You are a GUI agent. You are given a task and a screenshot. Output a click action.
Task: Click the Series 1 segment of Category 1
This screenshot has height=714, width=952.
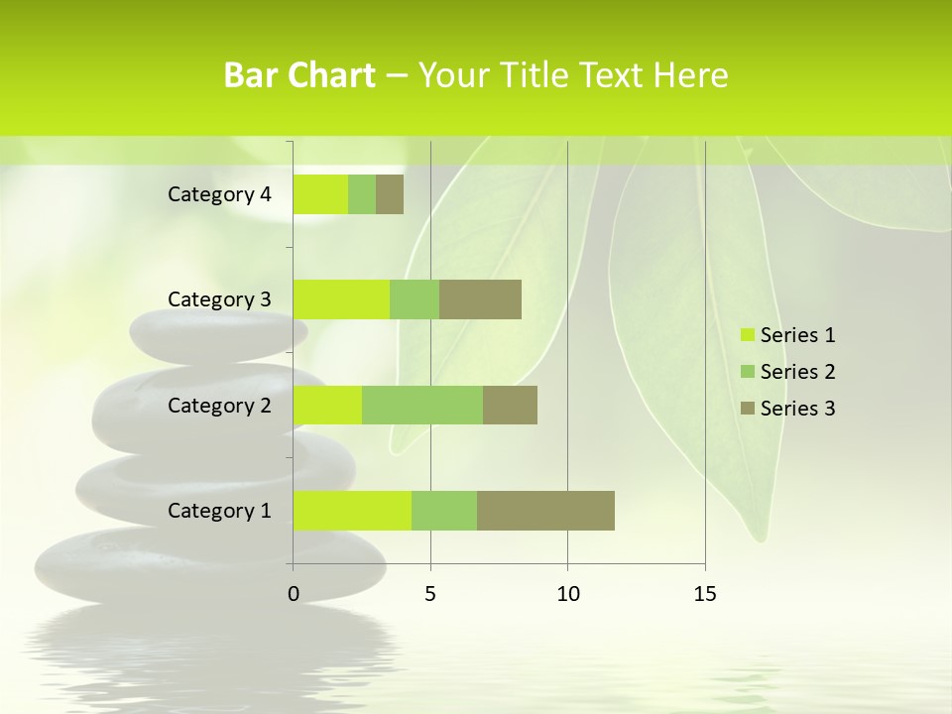tap(352, 511)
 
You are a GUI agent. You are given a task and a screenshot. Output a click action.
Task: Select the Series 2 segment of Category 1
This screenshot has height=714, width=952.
tap(444, 511)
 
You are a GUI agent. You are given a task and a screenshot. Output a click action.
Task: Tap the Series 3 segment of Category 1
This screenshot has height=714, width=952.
tap(545, 511)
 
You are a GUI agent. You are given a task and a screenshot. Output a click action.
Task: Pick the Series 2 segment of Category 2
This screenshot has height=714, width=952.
tap(422, 405)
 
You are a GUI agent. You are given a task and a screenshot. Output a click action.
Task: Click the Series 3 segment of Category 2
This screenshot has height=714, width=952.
tap(510, 405)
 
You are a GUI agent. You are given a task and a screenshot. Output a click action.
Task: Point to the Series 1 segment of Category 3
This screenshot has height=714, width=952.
tap(341, 299)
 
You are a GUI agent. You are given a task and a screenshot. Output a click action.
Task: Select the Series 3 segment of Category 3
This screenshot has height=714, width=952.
tap(480, 299)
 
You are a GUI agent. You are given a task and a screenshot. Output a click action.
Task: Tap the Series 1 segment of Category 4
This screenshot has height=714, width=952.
tap(320, 194)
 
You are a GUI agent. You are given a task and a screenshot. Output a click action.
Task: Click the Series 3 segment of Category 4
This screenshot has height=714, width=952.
tap(390, 194)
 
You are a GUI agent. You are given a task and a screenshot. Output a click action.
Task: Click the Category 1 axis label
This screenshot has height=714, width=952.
tap(219, 511)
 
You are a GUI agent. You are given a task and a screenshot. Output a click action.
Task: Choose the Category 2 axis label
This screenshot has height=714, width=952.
tap(219, 405)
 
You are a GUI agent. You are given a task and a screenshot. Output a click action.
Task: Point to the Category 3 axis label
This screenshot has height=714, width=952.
tap(219, 299)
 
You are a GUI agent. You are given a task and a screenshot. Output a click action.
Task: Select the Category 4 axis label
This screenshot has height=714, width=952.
tap(219, 194)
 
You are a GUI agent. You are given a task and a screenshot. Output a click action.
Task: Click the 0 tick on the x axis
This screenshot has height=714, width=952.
tap(294, 594)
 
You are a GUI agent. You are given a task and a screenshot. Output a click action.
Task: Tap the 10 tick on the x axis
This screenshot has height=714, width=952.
tap(567, 594)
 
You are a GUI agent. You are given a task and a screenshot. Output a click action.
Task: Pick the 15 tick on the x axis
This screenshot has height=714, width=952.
tap(705, 594)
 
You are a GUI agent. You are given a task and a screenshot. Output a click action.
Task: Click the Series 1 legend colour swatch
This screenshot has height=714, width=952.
tap(748, 335)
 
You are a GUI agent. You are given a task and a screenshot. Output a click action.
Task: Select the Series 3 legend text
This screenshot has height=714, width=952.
tap(797, 409)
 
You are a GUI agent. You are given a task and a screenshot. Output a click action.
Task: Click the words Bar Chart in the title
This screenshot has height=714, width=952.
tap(299, 75)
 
